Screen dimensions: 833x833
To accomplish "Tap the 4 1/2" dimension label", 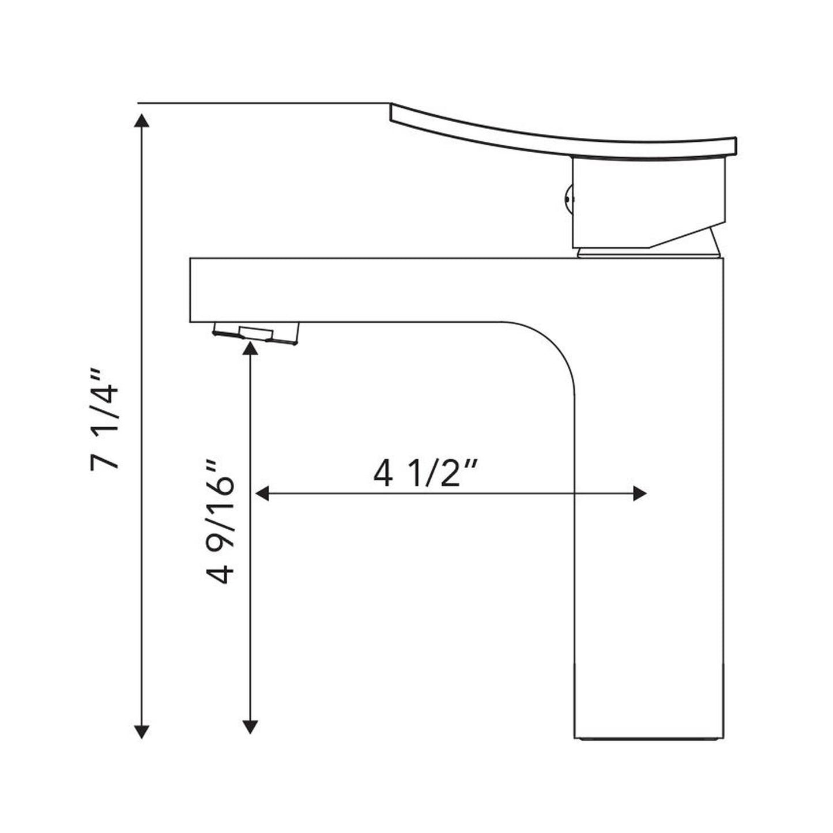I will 426,474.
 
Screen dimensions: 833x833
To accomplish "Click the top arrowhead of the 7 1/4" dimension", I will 141,120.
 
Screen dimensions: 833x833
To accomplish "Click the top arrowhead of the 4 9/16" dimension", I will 250,348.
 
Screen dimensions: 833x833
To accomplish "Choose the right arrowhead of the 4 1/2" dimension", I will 639,494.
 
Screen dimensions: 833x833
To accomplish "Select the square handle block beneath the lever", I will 646,202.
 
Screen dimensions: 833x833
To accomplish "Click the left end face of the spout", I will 191,290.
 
